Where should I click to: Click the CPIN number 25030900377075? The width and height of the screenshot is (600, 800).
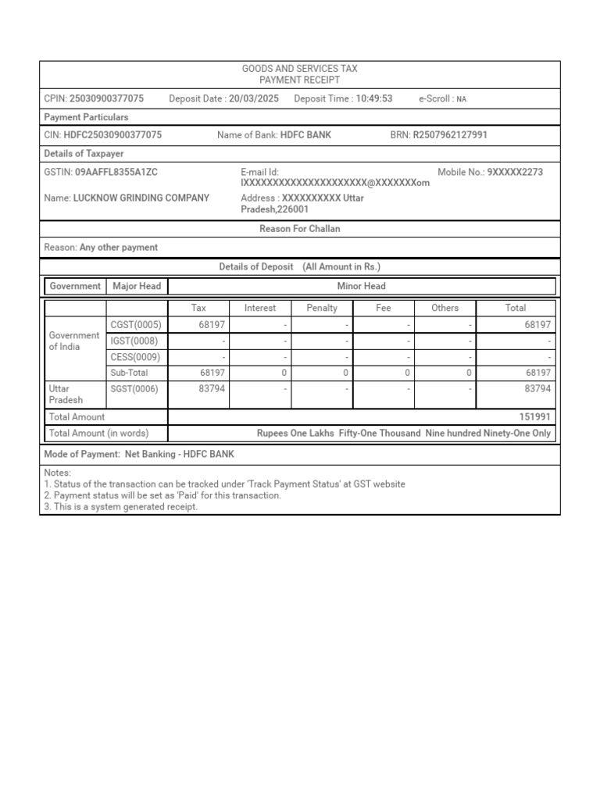point(106,98)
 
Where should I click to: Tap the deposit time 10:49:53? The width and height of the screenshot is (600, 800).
point(374,98)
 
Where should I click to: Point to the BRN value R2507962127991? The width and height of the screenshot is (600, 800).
point(449,135)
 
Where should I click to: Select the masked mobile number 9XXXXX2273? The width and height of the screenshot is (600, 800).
point(515,172)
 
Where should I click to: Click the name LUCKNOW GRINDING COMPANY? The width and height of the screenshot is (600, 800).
point(141,198)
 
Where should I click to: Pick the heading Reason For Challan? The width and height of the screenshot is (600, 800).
point(299,229)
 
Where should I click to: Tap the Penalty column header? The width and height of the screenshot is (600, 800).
point(322,308)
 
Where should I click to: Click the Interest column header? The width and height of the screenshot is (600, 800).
point(260,308)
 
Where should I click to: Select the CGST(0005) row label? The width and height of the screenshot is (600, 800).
point(136,324)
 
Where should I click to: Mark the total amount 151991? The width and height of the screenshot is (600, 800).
point(534,417)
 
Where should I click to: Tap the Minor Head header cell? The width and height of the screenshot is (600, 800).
point(361,286)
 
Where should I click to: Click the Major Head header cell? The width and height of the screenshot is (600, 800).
point(137,286)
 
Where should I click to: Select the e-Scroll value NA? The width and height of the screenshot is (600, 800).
point(462,99)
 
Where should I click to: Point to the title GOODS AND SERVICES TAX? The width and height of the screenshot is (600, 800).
point(299,69)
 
